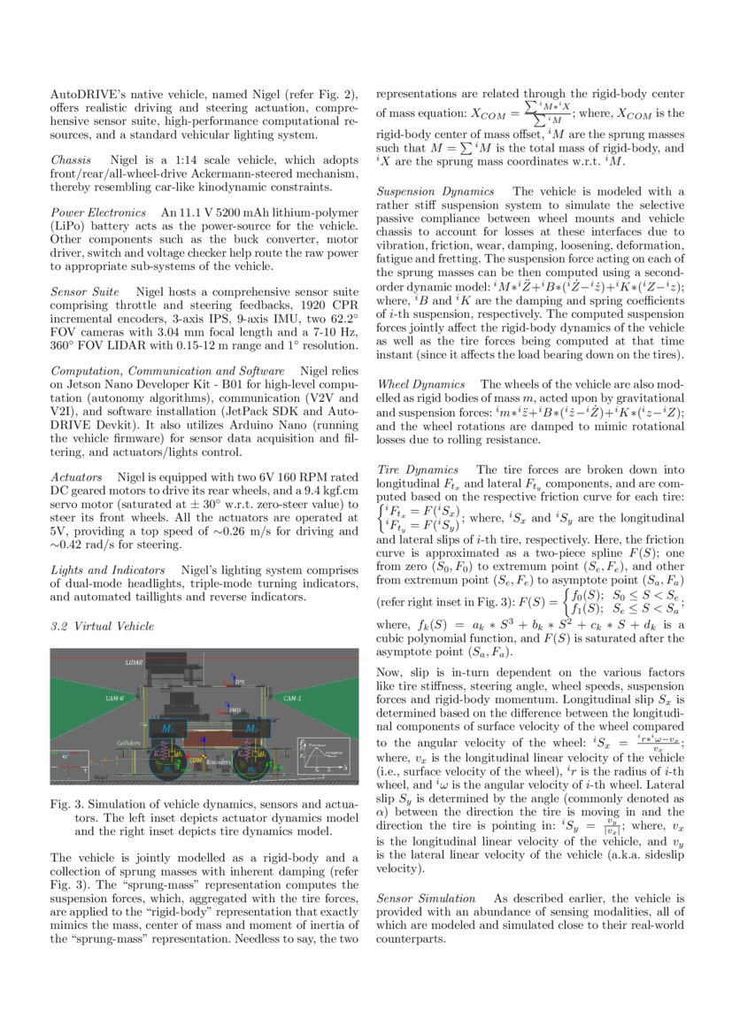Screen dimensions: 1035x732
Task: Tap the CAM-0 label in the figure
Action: (x=114, y=699)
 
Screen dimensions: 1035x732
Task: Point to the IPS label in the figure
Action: (x=240, y=682)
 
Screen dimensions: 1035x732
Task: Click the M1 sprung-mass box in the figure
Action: (x=169, y=728)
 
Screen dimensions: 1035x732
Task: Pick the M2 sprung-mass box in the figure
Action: (x=252, y=728)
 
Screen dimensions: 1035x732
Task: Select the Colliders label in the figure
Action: (x=129, y=742)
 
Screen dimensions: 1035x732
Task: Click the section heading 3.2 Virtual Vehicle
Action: (x=102, y=626)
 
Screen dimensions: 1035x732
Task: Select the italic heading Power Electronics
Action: (x=97, y=212)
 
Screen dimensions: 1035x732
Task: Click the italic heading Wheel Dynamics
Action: (x=420, y=384)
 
